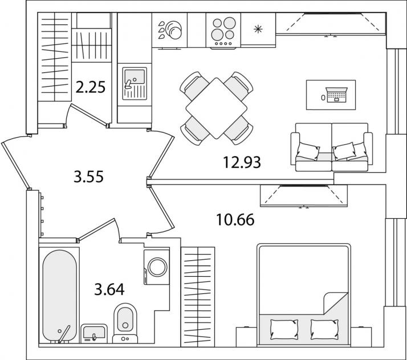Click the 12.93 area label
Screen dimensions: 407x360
[242, 162]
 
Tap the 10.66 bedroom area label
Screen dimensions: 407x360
[235, 220]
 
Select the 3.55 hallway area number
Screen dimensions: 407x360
[88, 177]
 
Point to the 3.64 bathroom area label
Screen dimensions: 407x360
[109, 289]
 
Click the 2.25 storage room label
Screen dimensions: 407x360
[91, 87]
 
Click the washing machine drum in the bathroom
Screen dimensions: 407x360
[157, 267]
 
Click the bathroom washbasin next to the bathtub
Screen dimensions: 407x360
[94, 333]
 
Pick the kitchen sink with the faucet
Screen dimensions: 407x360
[135, 84]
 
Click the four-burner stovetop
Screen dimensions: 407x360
[223, 31]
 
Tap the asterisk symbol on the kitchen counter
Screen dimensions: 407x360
[258, 29]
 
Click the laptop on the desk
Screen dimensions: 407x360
[337, 95]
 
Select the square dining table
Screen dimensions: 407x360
[216, 108]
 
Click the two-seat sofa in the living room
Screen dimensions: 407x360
[332, 147]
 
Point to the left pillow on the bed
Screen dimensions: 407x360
[284, 329]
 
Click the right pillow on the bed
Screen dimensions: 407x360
[325, 329]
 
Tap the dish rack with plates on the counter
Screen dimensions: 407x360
[170, 30]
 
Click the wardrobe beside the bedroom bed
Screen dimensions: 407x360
[198, 297]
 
